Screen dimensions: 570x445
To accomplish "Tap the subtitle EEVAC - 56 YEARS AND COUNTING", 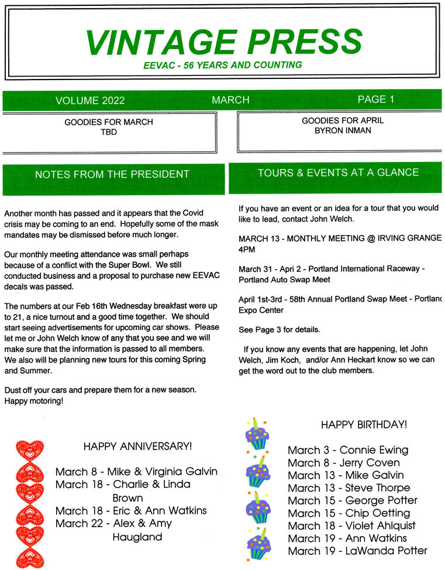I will click(x=223, y=65).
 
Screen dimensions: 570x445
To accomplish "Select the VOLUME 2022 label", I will click(x=90, y=101).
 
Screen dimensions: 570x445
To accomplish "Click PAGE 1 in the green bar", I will click(x=375, y=99).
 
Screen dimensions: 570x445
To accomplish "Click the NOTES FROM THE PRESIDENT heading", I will click(x=112, y=174).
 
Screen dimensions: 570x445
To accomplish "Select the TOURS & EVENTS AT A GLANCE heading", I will click(x=338, y=172).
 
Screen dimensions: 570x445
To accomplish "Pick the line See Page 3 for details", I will click(x=280, y=330).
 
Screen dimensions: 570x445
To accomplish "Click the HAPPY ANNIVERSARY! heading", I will click(x=137, y=447).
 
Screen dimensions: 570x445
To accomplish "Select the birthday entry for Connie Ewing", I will click(x=348, y=450).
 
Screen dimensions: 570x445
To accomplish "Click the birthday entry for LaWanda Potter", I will click(x=357, y=551).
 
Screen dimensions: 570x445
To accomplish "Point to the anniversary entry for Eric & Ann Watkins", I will click(x=131, y=510).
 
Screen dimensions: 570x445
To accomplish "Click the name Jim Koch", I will click(x=284, y=361).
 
